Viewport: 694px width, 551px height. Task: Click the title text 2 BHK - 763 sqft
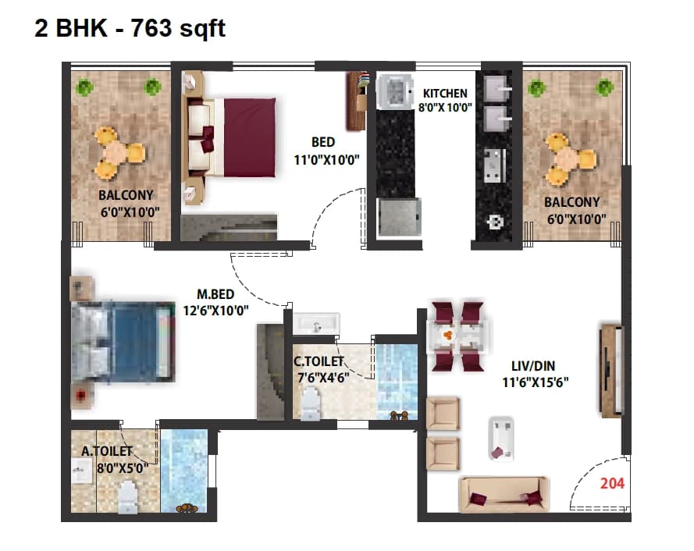[130, 28]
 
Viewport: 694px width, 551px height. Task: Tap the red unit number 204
[612, 483]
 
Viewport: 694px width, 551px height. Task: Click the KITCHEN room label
[445, 93]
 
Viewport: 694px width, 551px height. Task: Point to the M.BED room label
[215, 294]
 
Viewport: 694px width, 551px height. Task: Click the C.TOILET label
[319, 362]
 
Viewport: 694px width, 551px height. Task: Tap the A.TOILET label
[107, 451]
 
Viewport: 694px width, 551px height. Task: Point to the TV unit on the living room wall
[610, 368]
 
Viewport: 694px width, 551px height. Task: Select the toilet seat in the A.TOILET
[127, 497]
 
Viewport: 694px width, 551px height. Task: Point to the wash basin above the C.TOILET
[317, 323]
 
